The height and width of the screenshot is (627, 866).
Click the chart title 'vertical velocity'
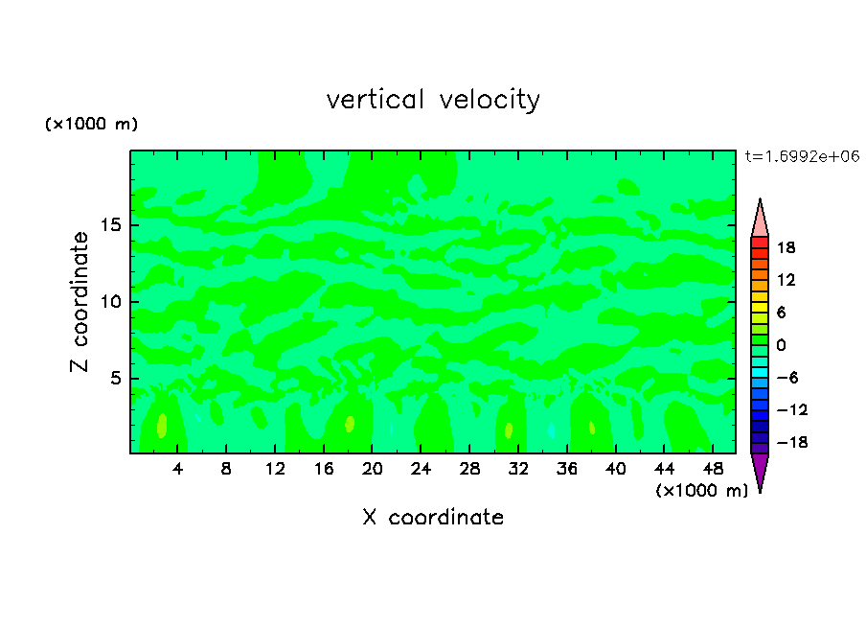[x=433, y=100]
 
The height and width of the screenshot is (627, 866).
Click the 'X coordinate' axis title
[x=433, y=518]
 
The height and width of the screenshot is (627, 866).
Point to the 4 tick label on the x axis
[x=178, y=470]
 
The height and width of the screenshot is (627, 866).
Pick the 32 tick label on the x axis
[x=518, y=470]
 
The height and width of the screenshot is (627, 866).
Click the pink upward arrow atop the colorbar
[x=760, y=220]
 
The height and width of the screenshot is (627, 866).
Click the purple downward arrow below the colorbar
[x=760, y=470]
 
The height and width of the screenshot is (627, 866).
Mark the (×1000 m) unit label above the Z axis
[x=92, y=125]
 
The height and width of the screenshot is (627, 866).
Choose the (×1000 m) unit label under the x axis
[x=701, y=491]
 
